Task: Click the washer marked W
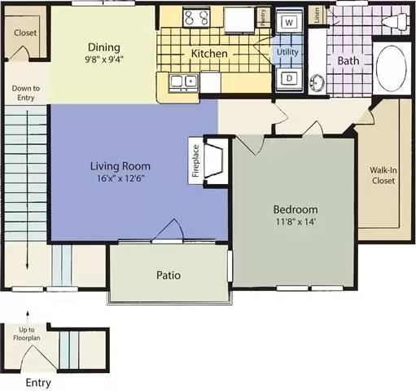coord(289,23)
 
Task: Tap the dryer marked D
coord(289,78)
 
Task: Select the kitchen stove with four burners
coord(196,18)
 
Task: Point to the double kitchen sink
coord(183,81)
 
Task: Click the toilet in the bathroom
coord(396,22)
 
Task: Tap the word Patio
coord(169,275)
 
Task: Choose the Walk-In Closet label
coord(383,175)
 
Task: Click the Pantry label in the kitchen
coord(261,17)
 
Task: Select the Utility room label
coord(289,51)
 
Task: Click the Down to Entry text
coord(24,94)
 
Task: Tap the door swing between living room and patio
coord(168,231)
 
